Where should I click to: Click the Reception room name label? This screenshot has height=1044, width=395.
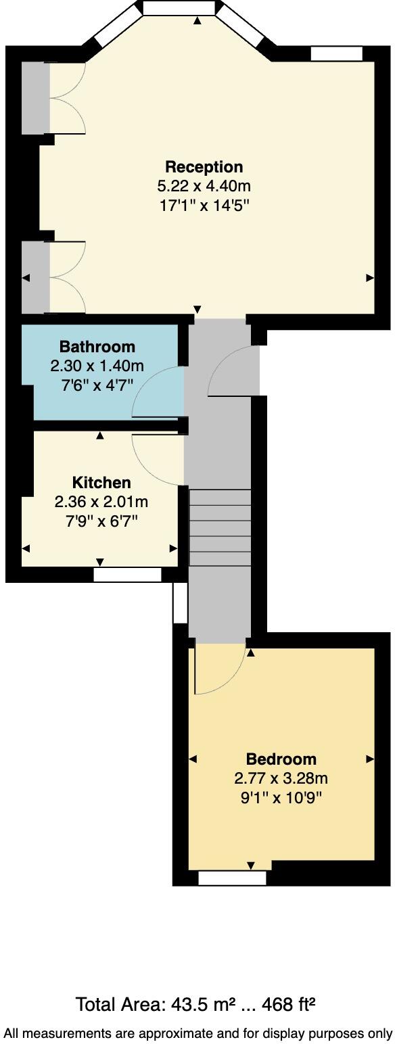[204, 167]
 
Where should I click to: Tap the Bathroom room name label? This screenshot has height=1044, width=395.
[97, 347]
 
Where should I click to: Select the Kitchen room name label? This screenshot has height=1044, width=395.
[101, 483]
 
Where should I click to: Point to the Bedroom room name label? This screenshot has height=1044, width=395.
[281, 759]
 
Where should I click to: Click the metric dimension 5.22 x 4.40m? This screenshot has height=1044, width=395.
[204, 186]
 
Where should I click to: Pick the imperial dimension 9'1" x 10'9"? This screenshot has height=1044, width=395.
[281, 797]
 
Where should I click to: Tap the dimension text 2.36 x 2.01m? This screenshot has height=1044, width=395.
[101, 502]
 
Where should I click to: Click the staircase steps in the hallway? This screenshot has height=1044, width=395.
[219, 527]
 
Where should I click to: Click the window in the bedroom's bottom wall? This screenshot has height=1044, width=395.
[232, 878]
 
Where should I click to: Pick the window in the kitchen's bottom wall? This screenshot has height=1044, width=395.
[127, 575]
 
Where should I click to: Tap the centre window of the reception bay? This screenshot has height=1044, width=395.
[179, 7]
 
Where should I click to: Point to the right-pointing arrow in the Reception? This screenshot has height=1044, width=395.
[370, 277]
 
